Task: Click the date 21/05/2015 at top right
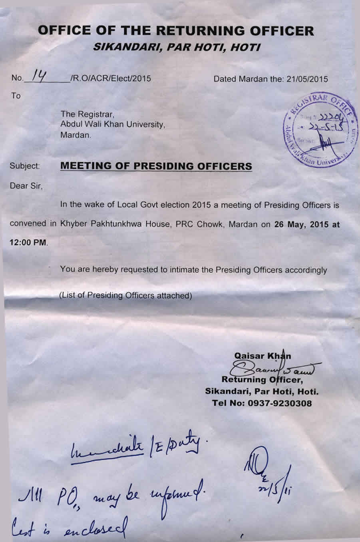point(307,79)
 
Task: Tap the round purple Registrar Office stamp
point(320,131)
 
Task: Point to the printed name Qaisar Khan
point(263,356)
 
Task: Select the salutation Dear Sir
point(26,186)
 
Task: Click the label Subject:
point(25,166)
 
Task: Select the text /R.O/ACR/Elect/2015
point(110,79)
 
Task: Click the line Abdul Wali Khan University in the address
point(112,124)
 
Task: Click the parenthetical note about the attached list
point(126,296)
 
